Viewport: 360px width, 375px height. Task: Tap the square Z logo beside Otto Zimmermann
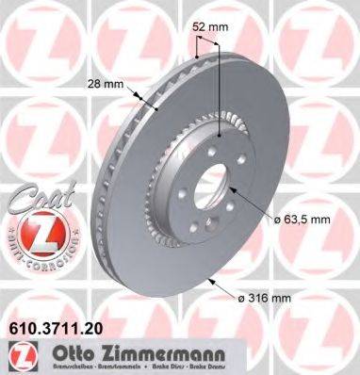(x=22, y=356)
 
